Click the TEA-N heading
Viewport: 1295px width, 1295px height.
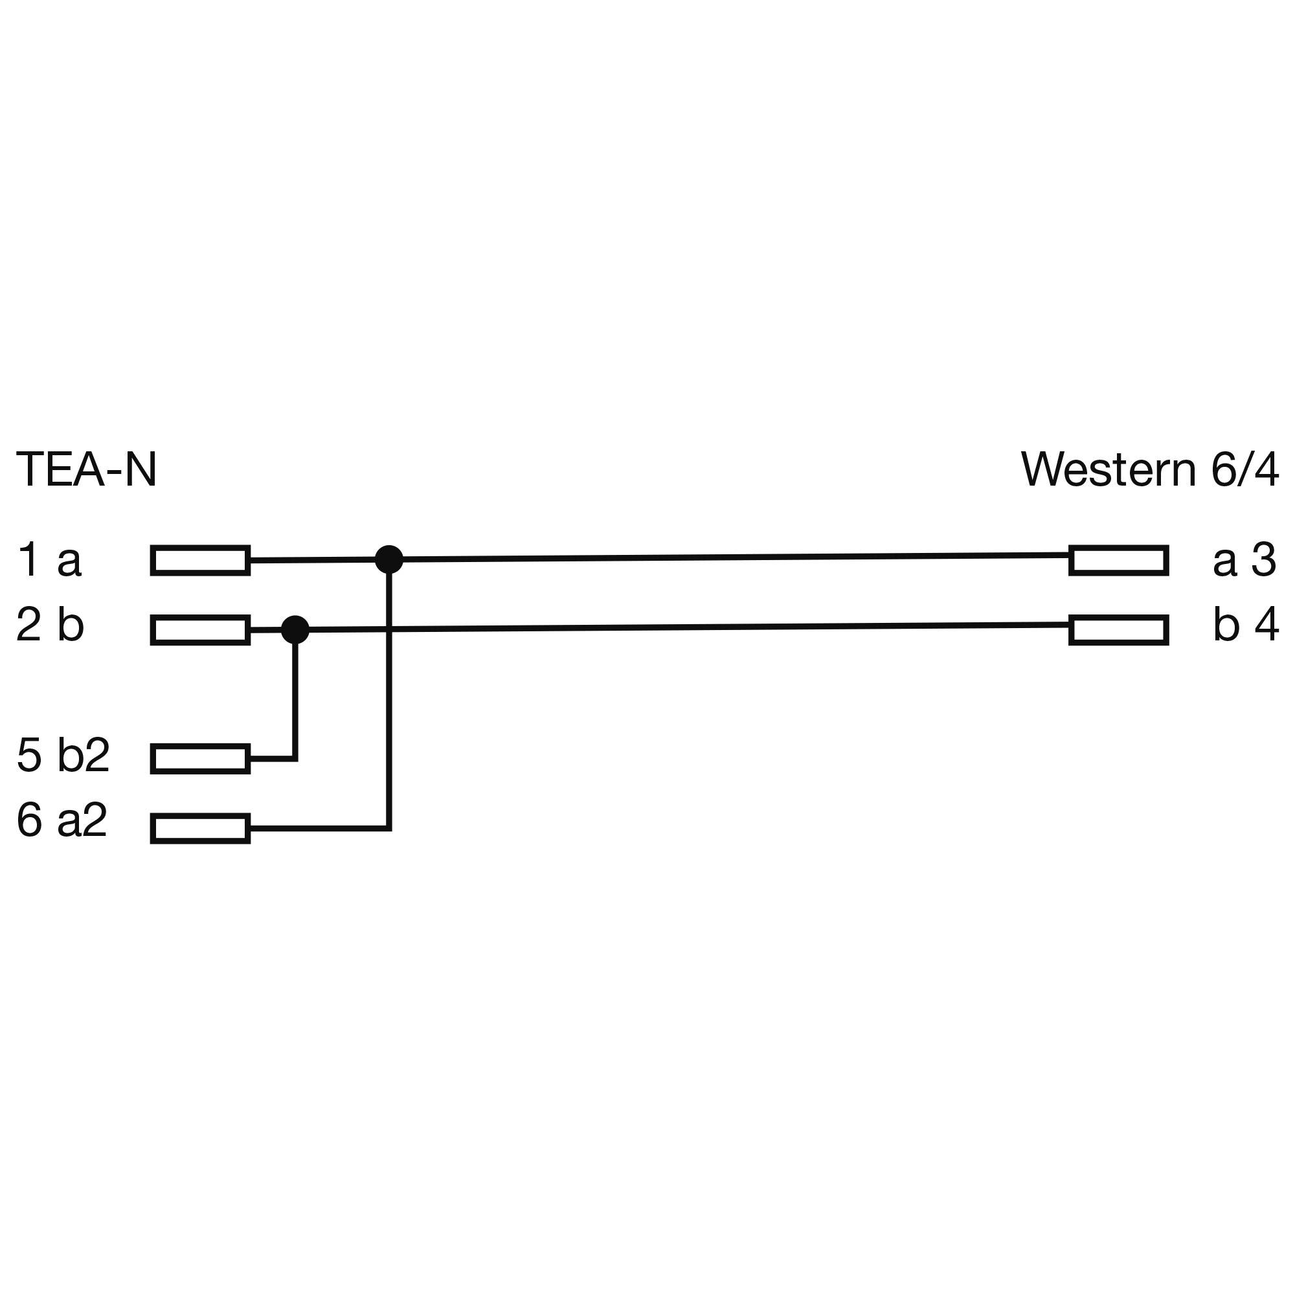pos(86,470)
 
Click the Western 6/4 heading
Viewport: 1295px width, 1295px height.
pos(1149,470)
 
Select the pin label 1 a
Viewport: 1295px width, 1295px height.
pos(49,559)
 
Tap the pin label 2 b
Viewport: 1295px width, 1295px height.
pos(51,625)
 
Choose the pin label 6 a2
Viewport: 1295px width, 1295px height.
pos(62,820)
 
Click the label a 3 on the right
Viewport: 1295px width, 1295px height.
pos(1244,559)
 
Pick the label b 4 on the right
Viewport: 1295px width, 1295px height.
pos(1245,625)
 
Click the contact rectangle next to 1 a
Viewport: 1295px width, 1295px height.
pos(201,560)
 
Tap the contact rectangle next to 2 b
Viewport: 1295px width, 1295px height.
pos(201,630)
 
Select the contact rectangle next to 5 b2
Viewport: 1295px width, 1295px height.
pos(201,759)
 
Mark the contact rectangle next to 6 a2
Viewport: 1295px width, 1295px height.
pos(201,829)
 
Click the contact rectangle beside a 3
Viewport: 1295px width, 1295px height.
pos(1118,560)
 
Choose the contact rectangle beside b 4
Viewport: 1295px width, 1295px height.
pos(1118,630)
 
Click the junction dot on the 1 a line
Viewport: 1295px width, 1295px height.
pos(388,559)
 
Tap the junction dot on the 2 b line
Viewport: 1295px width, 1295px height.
pos(295,629)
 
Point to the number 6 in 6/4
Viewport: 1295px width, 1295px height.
pos(1223,470)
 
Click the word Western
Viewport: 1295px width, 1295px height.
pos(1108,470)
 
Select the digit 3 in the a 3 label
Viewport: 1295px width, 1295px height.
pos(1263,559)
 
